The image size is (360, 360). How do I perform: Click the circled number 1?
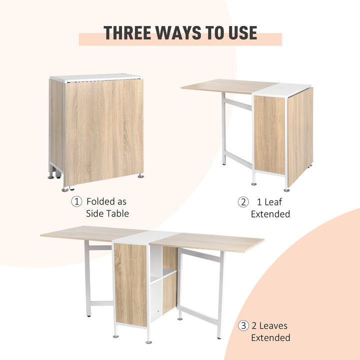tap(76, 201)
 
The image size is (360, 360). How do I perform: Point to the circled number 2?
tap(243, 202)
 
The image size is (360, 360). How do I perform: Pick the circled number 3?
tap(243, 325)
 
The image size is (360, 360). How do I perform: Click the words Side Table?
tap(107, 213)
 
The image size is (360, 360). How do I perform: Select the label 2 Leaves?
tap(270, 325)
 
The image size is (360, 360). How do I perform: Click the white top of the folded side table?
tap(95, 77)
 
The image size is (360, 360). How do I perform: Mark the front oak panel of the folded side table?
tap(104, 130)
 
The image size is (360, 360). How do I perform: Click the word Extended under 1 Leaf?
tap(270, 214)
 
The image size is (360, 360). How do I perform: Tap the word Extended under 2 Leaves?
tap(270, 337)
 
